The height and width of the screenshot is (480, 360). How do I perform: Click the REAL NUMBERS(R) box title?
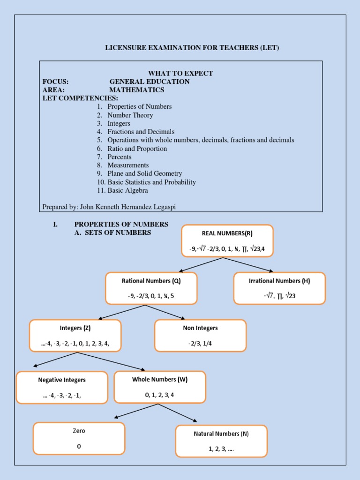pos(227,233)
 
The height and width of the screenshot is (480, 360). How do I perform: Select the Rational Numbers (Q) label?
pos(151,281)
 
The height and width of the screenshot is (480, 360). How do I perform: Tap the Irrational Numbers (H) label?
pos(279,281)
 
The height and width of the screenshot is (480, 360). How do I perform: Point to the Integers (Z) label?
pos(75,328)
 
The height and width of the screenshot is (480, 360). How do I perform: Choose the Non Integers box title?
pos(200,328)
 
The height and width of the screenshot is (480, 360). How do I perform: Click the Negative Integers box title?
pos(62,380)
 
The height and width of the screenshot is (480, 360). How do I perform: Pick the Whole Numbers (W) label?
pos(160,379)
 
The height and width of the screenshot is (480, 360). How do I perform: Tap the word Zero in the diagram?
pos(79,430)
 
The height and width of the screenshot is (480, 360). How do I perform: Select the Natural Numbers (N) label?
pos(221,434)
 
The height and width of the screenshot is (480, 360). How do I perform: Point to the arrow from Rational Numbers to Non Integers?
pos(165,312)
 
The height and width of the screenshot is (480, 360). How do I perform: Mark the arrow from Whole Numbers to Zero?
pos(138,411)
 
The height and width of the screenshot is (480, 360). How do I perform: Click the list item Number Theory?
pos(130,115)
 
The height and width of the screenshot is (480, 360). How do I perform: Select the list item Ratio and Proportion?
pos(137,149)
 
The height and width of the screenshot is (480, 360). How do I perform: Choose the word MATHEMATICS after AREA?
pos(137,90)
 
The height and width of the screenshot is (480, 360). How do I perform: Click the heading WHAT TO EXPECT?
pos(180,73)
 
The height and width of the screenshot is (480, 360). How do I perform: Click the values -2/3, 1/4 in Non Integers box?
pos(200,343)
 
